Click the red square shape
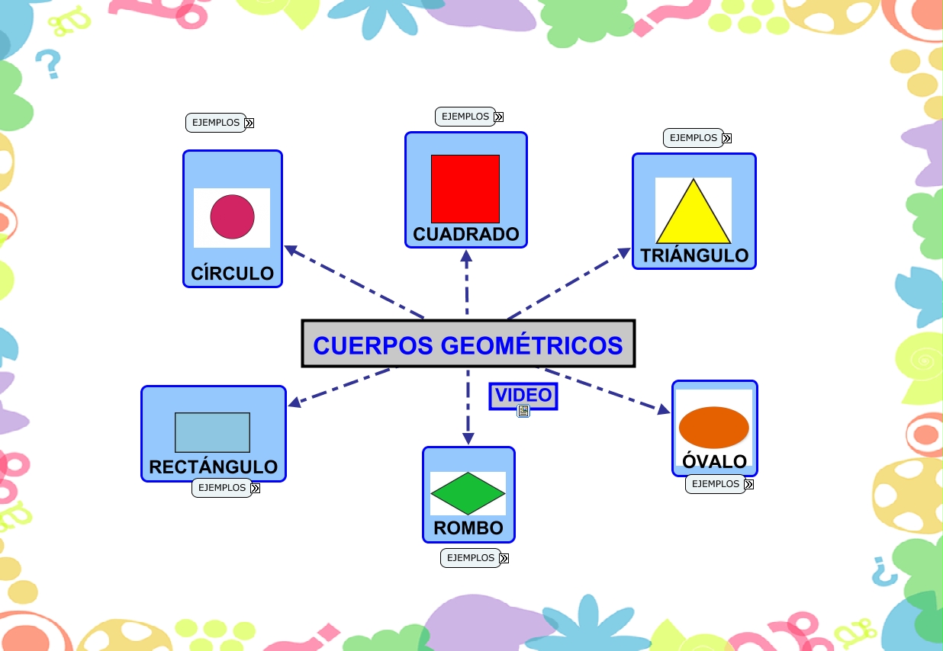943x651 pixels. point(465,188)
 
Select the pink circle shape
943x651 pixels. point(232,216)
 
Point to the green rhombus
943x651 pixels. point(468,493)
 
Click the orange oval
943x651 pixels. point(714,427)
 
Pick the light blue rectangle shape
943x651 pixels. point(212,432)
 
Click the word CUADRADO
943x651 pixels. point(466,234)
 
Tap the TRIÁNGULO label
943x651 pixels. point(694,255)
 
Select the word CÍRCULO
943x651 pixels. point(232,274)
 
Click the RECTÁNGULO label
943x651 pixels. point(213,467)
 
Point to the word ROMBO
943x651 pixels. point(468,528)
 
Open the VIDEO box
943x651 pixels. point(523,396)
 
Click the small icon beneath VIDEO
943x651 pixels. point(523,412)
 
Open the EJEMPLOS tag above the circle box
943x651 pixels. point(216,123)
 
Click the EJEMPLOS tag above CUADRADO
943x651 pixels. point(465,117)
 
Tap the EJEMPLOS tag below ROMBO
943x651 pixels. point(471,558)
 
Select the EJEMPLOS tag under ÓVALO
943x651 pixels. point(716,484)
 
